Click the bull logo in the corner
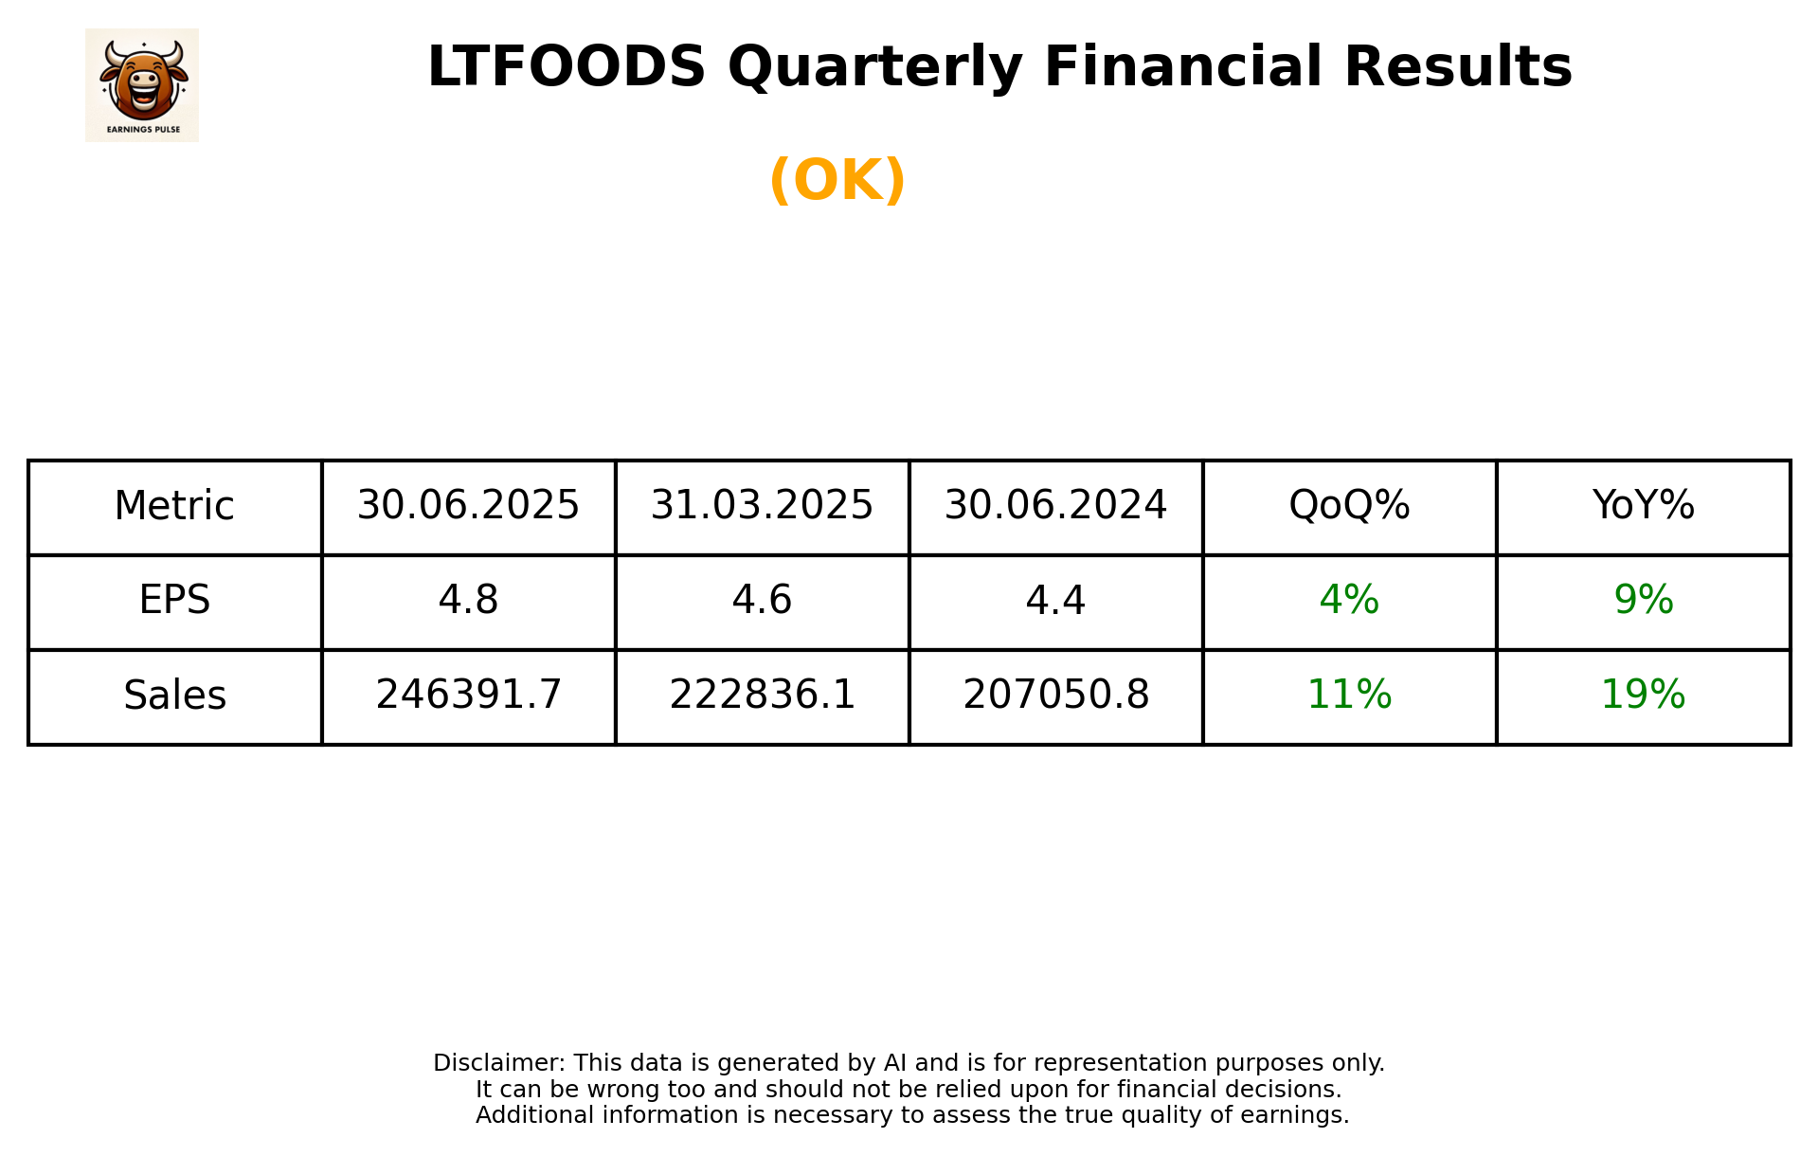pos(142,84)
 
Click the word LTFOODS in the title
pos(567,67)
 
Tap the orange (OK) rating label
pos(837,180)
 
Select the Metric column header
pos(174,506)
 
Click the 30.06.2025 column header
pos(468,506)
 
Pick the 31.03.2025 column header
pos(762,506)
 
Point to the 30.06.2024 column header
pos(1055,506)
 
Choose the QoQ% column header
pos(1349,506)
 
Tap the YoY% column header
pos(1643,506)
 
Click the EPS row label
pos(174,601)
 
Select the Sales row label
pos(174,695)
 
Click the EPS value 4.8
pos(468,601)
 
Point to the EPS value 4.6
pos(762,601)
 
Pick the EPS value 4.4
pos(1055,601)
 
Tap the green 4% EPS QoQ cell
pos(1349,601)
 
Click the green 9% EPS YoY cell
pos(1643,601)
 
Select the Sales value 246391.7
pos(468,695)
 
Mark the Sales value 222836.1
pos(762,695)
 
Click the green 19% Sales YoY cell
pos(1643,695)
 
